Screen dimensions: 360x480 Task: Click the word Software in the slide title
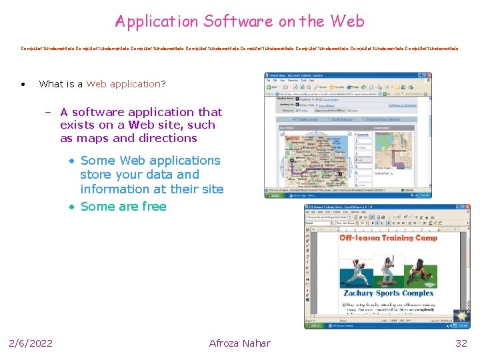[238, 21]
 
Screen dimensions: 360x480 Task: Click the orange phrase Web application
[123, 84]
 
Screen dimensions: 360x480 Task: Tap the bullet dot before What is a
[23, 84]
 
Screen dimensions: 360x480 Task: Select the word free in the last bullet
[153, 206]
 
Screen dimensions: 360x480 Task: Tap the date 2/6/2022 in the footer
[31, 343]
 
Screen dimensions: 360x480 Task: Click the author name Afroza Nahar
[239, 343]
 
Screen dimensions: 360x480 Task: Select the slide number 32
[461, 343]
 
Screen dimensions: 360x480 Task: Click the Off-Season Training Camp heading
[389, 238]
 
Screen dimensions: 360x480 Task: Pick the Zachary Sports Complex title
[389, 293]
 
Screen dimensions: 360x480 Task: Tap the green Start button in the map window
[273, 195]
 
